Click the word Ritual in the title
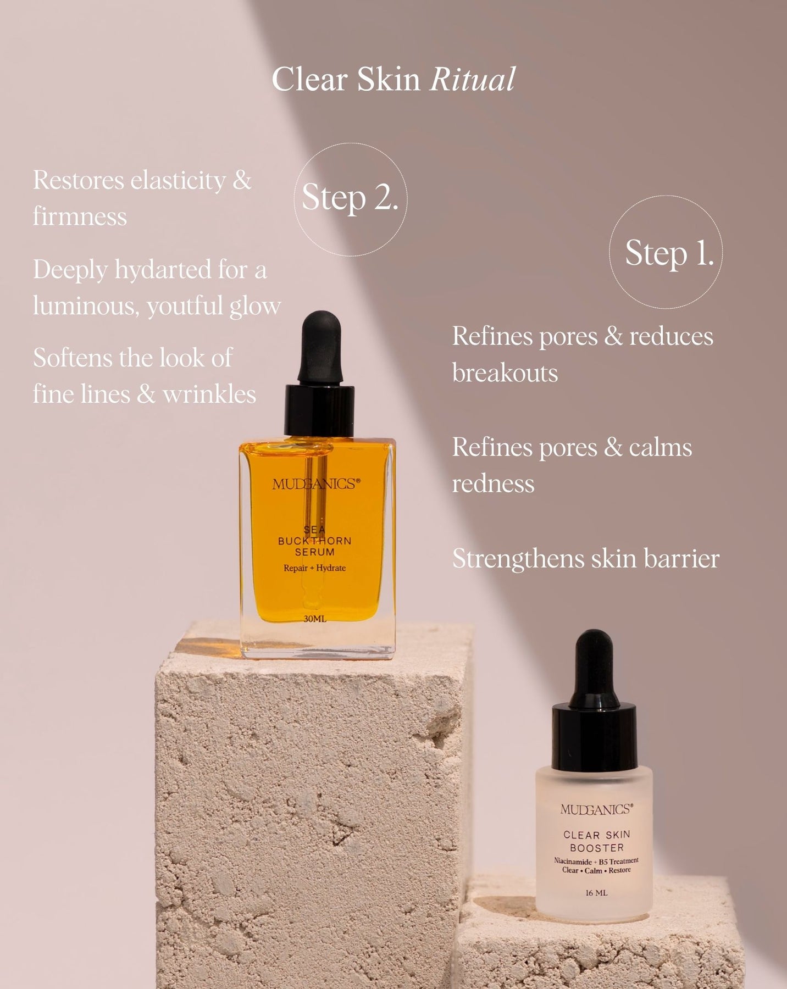coord(473,79)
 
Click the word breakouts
coord(505,373)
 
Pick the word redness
coord(493,484)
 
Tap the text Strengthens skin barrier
coord(586,558)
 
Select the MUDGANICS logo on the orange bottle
coord(317,484)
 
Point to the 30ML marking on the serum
coord(315,619)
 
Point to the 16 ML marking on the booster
coord(596,893)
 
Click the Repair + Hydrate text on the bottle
coord(314,568)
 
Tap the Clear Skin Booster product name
coord(597,841)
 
